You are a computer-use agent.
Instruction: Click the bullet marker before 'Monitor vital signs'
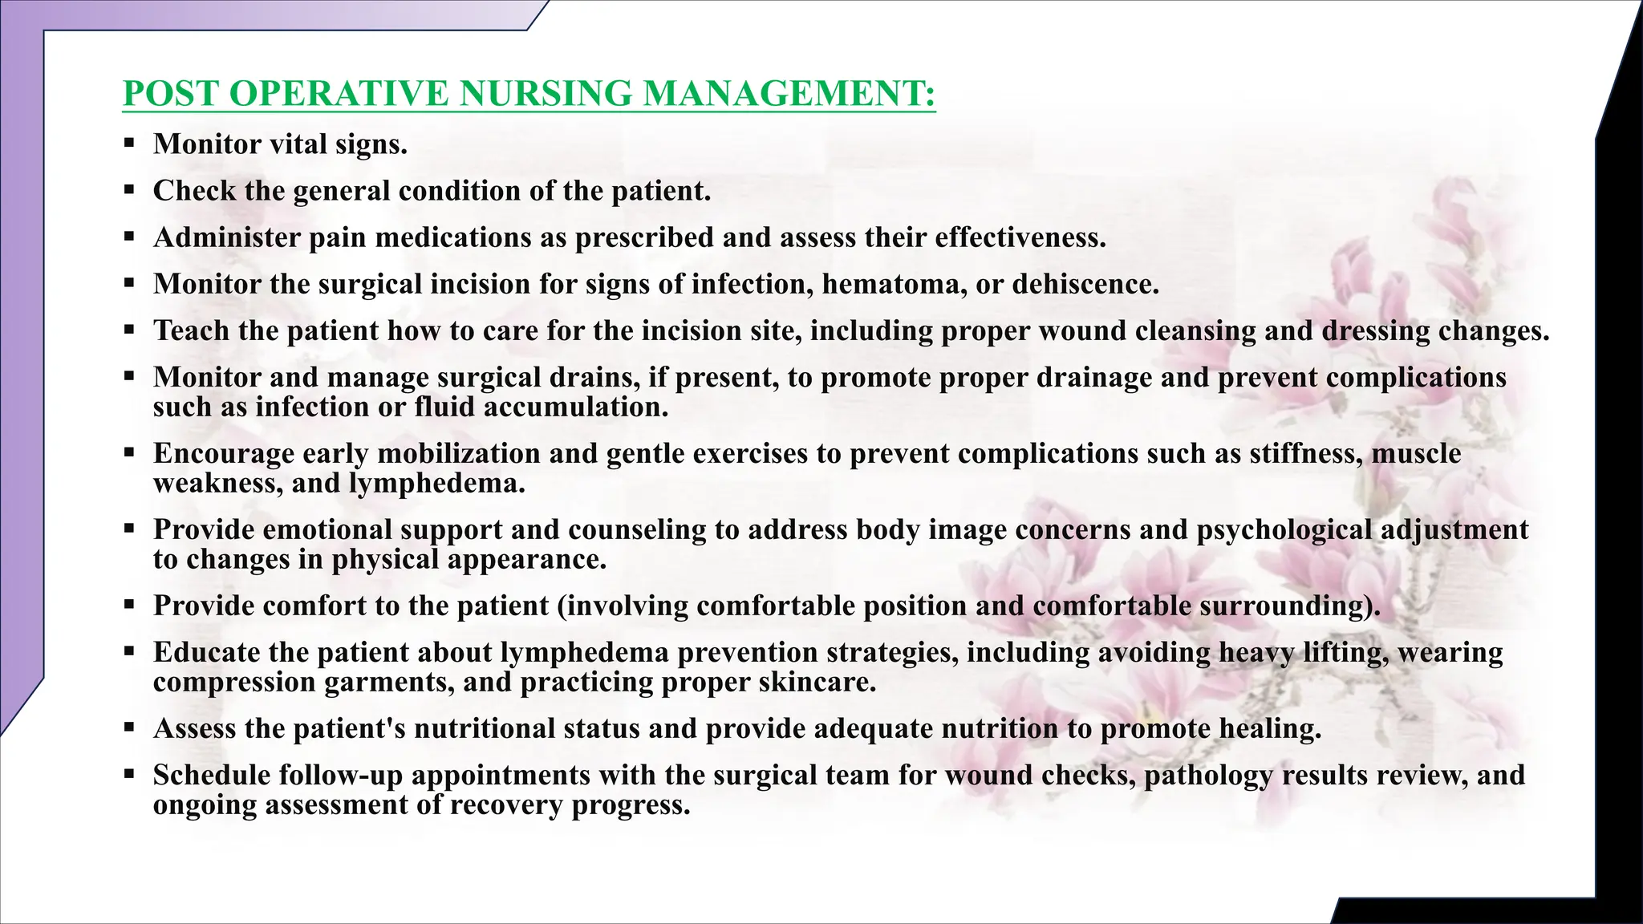129,144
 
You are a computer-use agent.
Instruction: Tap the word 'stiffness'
1306,454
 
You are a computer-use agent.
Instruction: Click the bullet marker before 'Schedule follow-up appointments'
129,775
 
